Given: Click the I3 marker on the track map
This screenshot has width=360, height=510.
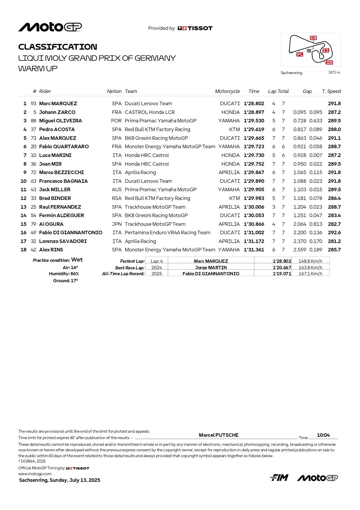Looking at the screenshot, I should click(x=313, y=38).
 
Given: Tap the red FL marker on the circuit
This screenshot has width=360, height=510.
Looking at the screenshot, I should click(x=300, y=54).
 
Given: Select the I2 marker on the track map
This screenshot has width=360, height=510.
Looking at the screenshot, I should click(x=329, y=62).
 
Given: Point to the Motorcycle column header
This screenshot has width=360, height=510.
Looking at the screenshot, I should click(x=227, y=91).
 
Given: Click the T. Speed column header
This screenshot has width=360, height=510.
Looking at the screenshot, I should click(x=331, y=91).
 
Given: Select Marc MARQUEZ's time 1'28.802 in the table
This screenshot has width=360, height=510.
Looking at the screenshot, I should click(x=254, y=103).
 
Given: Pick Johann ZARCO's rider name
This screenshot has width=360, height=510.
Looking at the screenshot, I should click(x=57, y=112).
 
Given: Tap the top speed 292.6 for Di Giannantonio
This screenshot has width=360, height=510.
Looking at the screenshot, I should click(x=334, y=232).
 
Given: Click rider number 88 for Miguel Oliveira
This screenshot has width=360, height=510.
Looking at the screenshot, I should click(x=33, y=121).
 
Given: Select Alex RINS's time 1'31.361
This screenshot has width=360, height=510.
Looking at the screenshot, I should click(x=254, y=250).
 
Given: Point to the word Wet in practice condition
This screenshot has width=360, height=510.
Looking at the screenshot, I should click(x=77, y=260).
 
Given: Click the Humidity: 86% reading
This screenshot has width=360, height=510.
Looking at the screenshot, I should click(x=64, y=274).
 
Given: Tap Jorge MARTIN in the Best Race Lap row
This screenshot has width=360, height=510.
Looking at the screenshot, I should click(x=211, y=267).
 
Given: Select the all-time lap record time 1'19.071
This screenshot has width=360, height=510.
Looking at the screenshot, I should click(x=282, y=274).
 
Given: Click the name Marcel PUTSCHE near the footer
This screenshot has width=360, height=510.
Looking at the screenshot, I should click(x=219, y=435).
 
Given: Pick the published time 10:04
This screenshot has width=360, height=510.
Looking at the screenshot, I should click(x=323, y=435).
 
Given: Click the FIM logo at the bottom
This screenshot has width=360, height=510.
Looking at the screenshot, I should click(x=279, y=478).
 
